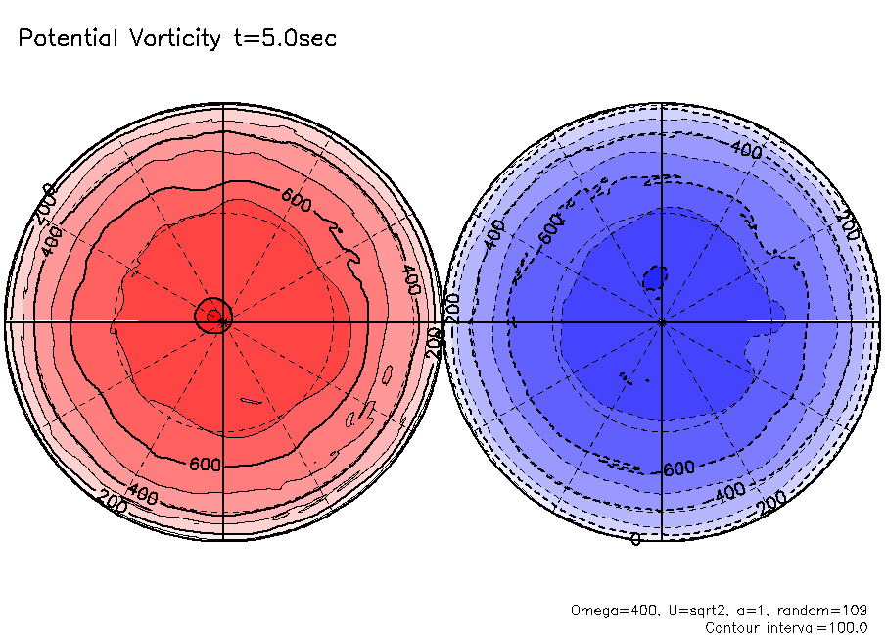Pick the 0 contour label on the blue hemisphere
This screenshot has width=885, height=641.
[635, 539]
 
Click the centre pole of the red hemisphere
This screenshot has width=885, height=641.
[223, 320]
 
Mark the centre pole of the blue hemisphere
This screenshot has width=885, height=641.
[663, 320]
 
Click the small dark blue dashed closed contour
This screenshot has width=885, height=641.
[655, 277]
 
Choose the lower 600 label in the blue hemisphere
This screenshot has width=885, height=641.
[678, 468]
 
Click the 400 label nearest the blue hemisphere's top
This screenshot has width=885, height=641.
[747, 150]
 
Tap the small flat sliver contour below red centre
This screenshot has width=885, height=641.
[252, 400]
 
